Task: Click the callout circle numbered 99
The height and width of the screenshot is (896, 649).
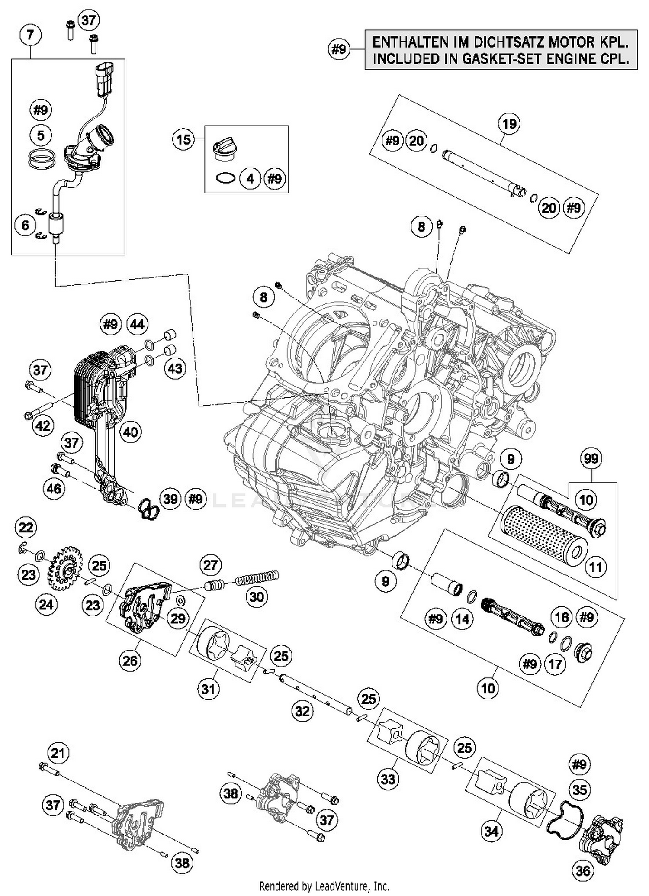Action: pos(591,458)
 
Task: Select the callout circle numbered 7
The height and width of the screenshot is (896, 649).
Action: pos(30,35)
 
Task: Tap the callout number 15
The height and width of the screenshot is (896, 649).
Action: pos(183,140)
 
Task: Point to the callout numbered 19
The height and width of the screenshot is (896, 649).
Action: pos(509,124)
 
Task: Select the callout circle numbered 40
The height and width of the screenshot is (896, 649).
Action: pos(131,432)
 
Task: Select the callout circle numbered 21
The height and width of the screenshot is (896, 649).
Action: pos(58,753)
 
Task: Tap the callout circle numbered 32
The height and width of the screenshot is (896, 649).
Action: pos(302,711)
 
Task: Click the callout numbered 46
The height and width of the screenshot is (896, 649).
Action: pos(54,489)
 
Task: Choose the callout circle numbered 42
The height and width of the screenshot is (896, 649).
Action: pos(42,426)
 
